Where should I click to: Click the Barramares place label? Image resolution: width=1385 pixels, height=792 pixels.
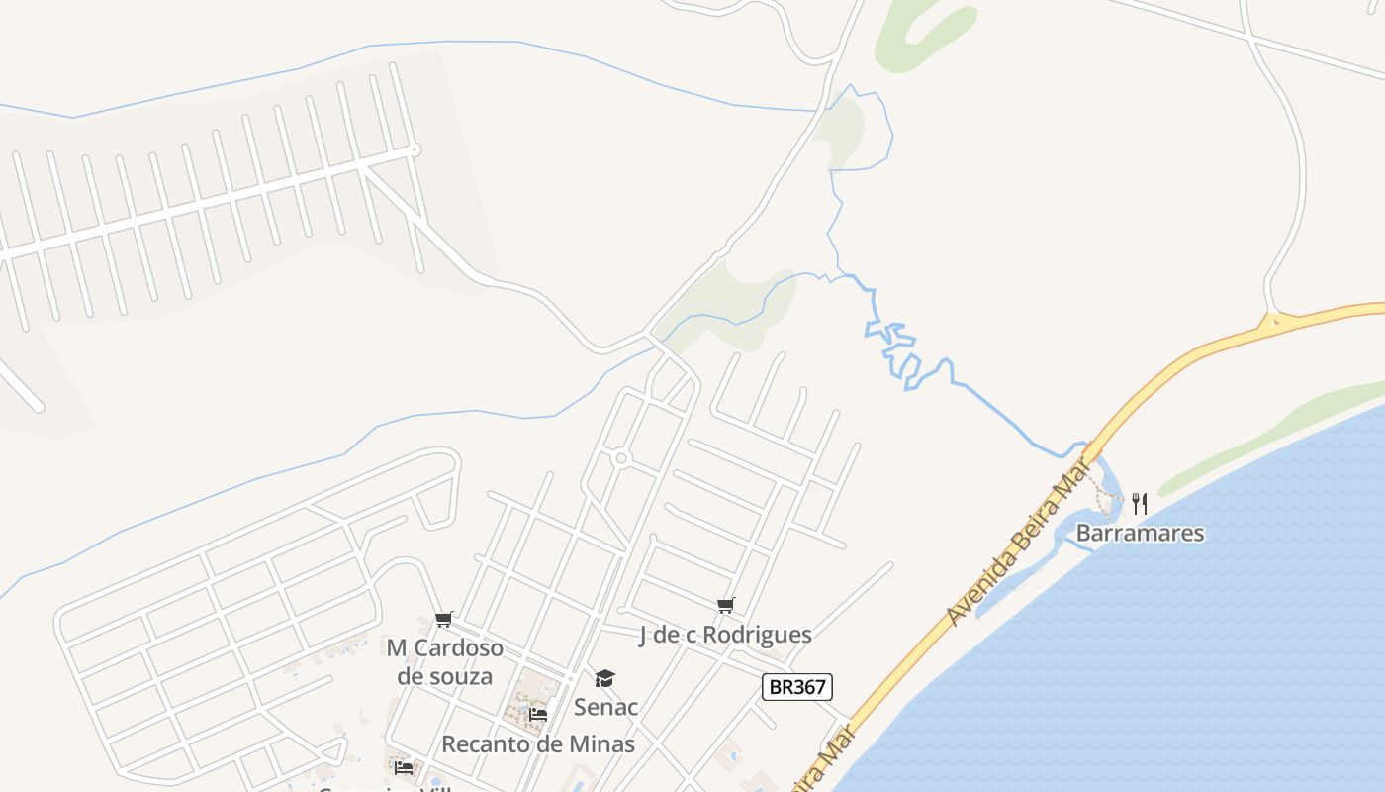coord(1140,533)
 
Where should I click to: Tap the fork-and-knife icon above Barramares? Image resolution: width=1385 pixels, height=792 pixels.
coord(1140,503)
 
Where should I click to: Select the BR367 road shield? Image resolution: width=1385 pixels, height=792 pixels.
coord(796,687)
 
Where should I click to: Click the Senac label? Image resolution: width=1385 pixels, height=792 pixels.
coord(605,707)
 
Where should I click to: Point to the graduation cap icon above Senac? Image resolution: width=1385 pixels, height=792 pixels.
coord(604,678)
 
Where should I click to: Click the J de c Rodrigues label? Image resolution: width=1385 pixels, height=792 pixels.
coord(725,635)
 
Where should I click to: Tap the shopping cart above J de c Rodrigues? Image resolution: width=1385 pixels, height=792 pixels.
coord(726,605)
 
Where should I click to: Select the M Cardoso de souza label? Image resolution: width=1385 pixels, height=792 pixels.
coord(444,662)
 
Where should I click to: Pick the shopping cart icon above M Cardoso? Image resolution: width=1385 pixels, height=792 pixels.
coord(444,620)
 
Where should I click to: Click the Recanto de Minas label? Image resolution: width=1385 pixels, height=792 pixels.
coord(537,743)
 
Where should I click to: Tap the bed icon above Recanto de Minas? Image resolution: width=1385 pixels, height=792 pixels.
coord(538,714)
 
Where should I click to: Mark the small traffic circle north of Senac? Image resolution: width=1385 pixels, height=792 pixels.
coord(621,458)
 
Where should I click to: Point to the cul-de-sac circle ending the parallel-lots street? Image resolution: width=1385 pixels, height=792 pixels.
coord(415,149)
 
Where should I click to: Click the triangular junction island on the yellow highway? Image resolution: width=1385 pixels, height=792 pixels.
coord(1274,321)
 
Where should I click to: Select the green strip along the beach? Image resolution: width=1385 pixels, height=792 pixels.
coord(1266,436)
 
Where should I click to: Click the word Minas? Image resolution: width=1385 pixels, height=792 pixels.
coord(602,743)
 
